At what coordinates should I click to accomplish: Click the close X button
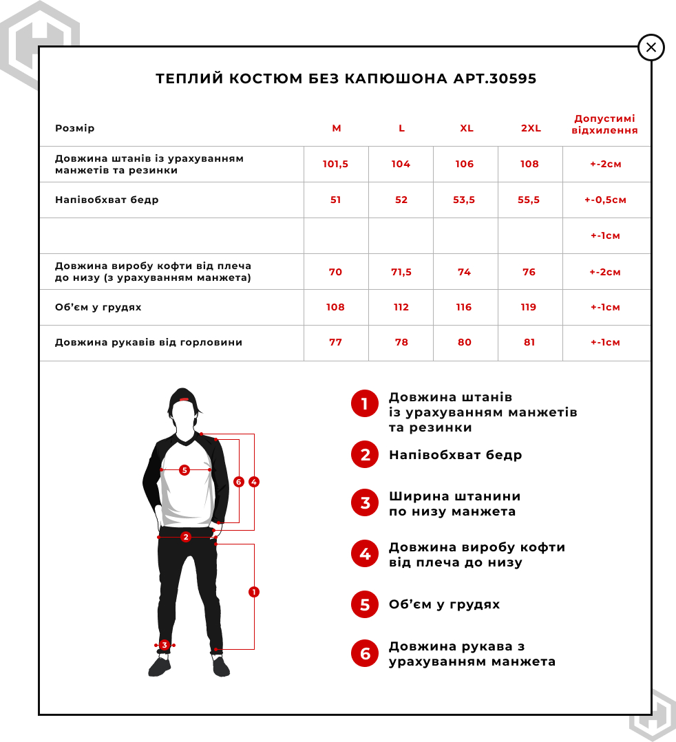[x=651, y=47]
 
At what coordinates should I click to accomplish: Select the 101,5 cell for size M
[x=336, y=165]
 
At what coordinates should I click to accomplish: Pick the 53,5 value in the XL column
[x=465, y=200]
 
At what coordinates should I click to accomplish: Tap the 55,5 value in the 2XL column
[x=529, y=200]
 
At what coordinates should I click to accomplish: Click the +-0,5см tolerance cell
[x=605, y=200]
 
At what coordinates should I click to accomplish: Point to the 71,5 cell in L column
[x=401, y=272]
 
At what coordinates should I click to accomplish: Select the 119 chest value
[x=529, y=308]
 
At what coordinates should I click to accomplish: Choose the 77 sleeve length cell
[x=335, y=343]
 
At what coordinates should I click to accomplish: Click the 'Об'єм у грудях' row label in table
[x=98, y=308]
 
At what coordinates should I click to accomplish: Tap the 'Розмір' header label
[x=75, y=129]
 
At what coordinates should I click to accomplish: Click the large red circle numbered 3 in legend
[x=365, y=503]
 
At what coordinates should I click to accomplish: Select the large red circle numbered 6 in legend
[x=365, y=653]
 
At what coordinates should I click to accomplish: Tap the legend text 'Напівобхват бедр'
[x=455, y=455]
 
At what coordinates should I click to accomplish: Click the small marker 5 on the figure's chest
[x=184, y=470]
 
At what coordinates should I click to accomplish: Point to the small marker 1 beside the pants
[x=254, y=592]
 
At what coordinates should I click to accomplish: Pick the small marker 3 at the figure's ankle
[x=165, y=645]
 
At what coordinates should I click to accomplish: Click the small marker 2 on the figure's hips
[x=185, y=537]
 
